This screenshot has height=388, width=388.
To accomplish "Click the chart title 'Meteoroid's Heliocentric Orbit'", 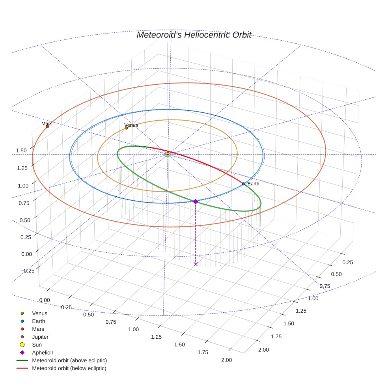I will point(194,35).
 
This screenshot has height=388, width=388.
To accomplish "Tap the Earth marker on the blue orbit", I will point(244,184).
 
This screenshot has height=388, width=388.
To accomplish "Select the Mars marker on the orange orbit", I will point(47,127).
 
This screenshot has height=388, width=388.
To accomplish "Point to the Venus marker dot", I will point(126,128).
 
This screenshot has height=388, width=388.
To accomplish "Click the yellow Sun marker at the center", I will point(168,154).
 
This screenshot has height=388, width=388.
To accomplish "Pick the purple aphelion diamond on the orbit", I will point(196,201).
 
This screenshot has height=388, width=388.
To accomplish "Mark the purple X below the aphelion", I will point(196,264).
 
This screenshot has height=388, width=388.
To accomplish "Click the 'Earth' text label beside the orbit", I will point(253,184).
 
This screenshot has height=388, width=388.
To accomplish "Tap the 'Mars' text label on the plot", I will point(47,123).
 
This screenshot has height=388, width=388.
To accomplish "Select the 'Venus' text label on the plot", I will point(131,125).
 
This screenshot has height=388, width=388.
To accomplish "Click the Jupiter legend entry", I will point(40,337).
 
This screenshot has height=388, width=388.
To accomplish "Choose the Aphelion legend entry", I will point(42,353).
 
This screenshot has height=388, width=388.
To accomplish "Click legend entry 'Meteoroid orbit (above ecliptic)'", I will point(69,360).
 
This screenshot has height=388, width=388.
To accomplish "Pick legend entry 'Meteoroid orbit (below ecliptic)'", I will point(69,368).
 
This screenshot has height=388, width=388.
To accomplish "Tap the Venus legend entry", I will point(39,313).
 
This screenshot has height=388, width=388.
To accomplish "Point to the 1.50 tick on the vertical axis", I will point(21,150).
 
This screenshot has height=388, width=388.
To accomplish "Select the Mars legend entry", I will point(38,329).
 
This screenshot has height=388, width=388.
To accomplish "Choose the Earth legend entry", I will point(38,321).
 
